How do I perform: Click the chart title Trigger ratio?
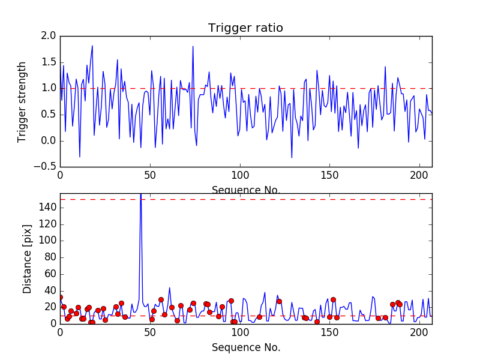pyautogui.click(x=245, y=28)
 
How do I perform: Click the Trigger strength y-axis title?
pyautogui.click(x=23, y=101)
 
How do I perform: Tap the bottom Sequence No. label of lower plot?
pyautogui.click(x=245, y=347)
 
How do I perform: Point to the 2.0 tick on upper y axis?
pyautogui.click(x=50, y=36)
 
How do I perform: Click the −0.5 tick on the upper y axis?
pyautogui.click(x=47, y=167)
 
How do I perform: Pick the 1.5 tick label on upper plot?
pyautogui.click(x=50, y=62)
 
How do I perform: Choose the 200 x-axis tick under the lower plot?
pyautogui.click(x=419, y=332)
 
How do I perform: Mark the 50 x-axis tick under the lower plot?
pyautogui.click(x=150, y=332)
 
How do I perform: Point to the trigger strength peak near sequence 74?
pyautogui.click(x=193, y=46)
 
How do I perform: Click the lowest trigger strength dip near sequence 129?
pyautogui.click(x=292, y=158)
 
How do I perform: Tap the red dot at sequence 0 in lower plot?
pyautogui.click(x=60, y=297)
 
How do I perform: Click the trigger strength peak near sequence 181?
pyautogui.click(x=385, y=67)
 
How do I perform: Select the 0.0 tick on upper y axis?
pyautogui.click(x=50, y=140)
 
